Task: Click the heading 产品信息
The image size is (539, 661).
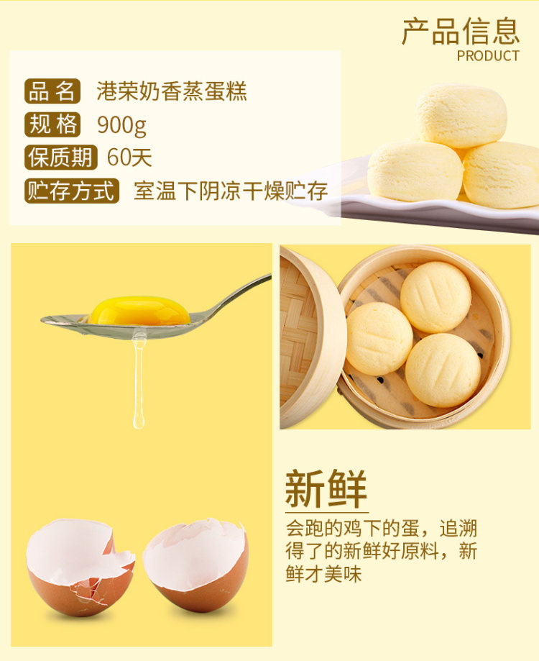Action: [461, 31]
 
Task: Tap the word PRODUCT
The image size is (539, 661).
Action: [488, 55]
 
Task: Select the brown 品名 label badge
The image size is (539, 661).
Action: [52, 91]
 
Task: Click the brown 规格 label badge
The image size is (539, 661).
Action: [52, 124]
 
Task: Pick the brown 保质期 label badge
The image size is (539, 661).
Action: [60, 158]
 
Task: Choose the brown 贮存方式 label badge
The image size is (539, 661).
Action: [72, 191]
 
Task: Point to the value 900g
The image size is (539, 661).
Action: [121, 125]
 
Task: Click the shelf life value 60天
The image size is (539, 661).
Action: [129, 158]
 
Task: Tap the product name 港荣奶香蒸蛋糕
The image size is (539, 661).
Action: [172, 91]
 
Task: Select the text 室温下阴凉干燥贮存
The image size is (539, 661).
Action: [231, 191]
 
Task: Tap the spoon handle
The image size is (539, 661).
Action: [236, 295]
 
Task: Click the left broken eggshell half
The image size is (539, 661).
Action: [80, 567]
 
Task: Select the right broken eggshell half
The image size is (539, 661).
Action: [195, 565]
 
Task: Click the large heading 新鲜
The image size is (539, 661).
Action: [326, 489]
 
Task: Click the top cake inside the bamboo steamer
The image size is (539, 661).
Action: [436, 297]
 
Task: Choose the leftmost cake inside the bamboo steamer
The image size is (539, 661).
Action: [379, 339]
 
